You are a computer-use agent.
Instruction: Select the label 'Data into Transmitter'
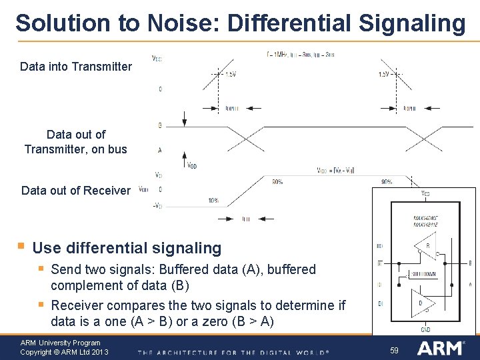(76, 67)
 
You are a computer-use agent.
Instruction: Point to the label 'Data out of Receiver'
(76, 191)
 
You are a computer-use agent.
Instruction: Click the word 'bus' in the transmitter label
(117, 149)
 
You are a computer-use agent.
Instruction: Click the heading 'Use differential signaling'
(127, 248)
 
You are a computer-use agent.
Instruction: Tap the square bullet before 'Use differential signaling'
(22, 247)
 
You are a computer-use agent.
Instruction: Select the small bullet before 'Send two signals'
(41, 269)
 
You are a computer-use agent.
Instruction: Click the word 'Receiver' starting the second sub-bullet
(78, 305)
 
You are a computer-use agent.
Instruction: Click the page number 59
(394, 350)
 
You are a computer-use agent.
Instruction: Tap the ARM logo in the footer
(441, 348)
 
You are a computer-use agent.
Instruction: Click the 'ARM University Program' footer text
(61, 343)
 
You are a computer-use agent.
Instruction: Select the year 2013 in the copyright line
(97, 352)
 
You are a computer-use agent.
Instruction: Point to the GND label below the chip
(425, 329)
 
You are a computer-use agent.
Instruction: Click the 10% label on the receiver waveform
(213, 200)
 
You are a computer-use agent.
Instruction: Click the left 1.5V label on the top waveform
(230, 75)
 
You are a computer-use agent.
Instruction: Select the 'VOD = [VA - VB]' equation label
(336, 170)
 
